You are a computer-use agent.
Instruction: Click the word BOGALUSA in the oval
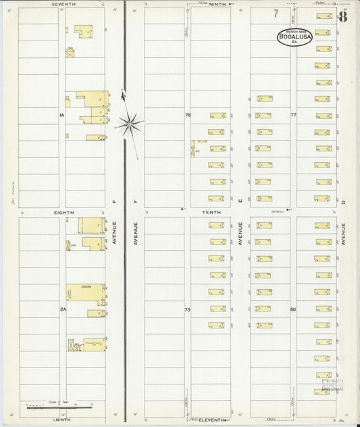294,37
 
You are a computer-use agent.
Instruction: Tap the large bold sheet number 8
343,16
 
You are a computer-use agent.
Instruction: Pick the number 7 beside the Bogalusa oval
276,14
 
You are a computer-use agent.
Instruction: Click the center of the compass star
129,124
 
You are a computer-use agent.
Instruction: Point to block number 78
187,116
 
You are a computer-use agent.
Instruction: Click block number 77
293,116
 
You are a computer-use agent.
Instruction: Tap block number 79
187,309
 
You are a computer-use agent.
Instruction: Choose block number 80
293,309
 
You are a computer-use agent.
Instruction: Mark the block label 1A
61,116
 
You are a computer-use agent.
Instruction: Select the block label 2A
61,309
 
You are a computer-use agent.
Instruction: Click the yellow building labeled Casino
86,292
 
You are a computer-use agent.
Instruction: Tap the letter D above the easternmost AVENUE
343,201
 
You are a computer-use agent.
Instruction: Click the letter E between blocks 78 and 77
239,201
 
